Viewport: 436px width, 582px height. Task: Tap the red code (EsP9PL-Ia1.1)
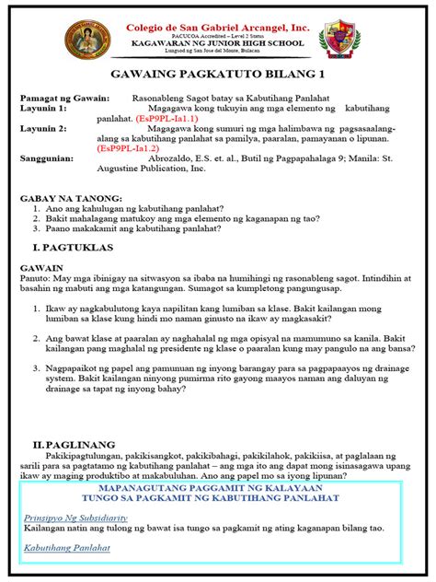point(166,119)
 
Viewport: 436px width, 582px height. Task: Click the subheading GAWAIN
point(42,272)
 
